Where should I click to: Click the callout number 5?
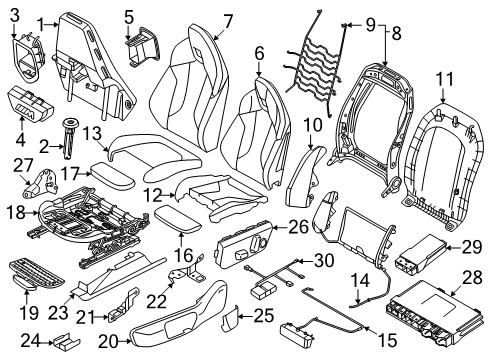129,16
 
